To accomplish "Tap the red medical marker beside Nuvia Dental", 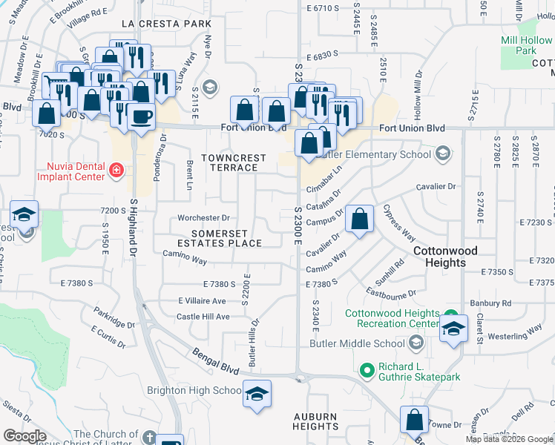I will pyautogui.click(x=115, y=171).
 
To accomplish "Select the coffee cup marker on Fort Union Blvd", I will pyautogui.click(x=141, y=116).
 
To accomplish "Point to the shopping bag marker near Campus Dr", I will pyautogui.click(x=359, y=220).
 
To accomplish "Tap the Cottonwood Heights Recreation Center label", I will pyautogui.click(x=392, y=318).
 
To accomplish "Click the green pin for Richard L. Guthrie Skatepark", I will pyautogui.click(x=365, y=369).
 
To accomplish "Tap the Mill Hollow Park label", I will pyautogui.click(x=528, y=45).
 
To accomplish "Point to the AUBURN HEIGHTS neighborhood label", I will pyautogui.click(x=315, y=421).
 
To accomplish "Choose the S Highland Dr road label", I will pyautogui.click(x=134, y=227).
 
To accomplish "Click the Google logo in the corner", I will pyautogui.click(x=24, y=436).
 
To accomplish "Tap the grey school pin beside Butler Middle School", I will pyautogui.click(x=416, y=343).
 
